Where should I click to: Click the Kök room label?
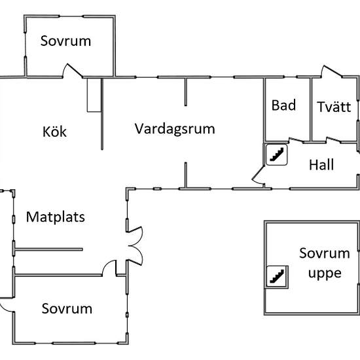click(54, 132)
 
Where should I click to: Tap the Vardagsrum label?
click(175, 129)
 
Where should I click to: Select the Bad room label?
click(283, 105)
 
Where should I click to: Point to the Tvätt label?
click(334, 107)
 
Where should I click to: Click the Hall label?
click(321, 164)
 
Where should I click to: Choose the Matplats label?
click(56, 217)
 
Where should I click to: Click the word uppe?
click(325, 274)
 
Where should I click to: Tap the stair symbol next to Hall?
click(276, 154)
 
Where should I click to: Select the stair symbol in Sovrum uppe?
click(277, 276)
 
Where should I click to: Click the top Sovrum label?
click(65, 41)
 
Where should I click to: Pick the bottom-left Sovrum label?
click(67, 308)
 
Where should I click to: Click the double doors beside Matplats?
click(135, 246)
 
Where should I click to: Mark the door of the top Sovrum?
click(73, 70)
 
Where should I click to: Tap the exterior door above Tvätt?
click(332, 71)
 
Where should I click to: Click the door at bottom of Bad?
click(296, 140)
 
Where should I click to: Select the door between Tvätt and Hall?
click(334, 140)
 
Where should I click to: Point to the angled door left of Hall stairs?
click(259, 175)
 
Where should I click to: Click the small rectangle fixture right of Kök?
click(94, 95)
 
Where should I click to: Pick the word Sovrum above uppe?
click(325, 253)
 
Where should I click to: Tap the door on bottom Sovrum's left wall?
click(6, 304)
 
